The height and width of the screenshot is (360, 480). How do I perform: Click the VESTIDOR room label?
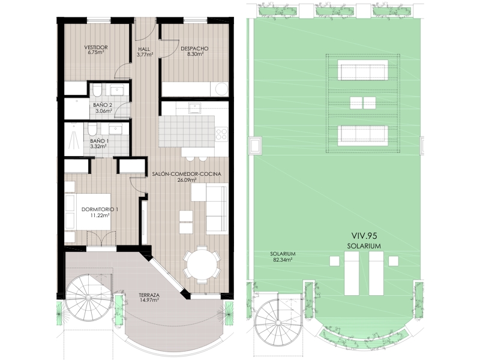pyautogui.click(x=96, y=47)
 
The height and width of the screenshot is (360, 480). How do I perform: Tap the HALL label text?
pyautogui.click(x=144, y=49)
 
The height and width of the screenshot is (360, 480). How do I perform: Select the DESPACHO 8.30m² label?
pyautogui.click(x=194, y=51)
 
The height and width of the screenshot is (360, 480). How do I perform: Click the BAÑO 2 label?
pyautogui.click(x=103, y=105)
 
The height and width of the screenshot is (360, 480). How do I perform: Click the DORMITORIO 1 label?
pyautogui.click(x=100, y=209)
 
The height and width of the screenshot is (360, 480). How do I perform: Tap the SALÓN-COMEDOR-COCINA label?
pyautogui.click(x=187, y=174)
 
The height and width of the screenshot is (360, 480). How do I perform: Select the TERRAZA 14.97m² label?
pyautogui.click(x=149, y=298)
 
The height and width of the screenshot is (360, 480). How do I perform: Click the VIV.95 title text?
pyautogui.click(x=364, y=236)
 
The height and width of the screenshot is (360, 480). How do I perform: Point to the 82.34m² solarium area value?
pyautogui.click(x=282, y=260)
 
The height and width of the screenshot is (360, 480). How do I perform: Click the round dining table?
pyautogui.click(x=202, y=264)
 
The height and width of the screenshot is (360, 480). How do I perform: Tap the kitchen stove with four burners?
pyautogui.click(x=221, y=134)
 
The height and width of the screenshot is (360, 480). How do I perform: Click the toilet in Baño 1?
pyautogui.click(x=92, y=130)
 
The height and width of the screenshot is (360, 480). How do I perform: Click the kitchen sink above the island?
pyautogui.click(x=194, y=108)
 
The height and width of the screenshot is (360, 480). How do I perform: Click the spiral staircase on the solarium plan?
pyautogui.click(x=278, y=322)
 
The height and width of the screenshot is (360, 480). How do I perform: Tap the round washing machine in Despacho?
pyautogui.click(x=221, y=89)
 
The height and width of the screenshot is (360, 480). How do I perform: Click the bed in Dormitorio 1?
pyautogui.click(x=88, y=212)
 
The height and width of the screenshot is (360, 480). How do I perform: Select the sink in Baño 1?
pyautogui.click(x=116, y=129)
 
